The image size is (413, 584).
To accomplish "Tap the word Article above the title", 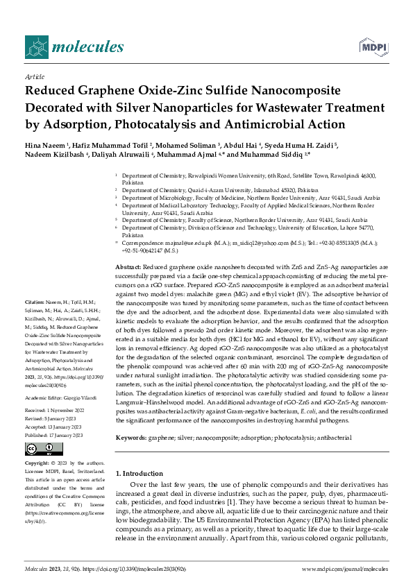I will click(34, 76).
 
